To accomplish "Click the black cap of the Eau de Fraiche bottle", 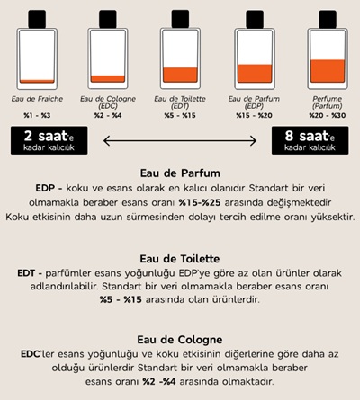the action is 37,19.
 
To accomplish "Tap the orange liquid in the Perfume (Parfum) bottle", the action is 328,71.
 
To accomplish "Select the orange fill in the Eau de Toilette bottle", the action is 180,75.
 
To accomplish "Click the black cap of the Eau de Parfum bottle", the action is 255,19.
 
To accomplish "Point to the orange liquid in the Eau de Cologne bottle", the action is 108,78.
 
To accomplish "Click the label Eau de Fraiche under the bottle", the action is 37,99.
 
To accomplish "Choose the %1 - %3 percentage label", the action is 37,115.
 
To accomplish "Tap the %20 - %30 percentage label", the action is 328,115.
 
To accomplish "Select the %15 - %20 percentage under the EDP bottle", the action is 254,115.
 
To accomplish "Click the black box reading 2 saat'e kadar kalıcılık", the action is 49,140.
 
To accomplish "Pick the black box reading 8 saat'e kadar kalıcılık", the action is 310,140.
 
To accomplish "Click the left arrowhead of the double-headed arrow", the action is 106,141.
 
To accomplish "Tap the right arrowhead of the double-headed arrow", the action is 254,141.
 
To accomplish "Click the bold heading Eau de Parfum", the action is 180,173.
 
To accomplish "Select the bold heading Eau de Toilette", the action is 180,259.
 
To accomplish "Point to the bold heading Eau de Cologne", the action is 180,340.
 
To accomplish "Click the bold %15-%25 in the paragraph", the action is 200,202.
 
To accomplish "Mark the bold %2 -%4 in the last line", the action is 159,381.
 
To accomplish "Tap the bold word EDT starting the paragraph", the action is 26,273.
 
